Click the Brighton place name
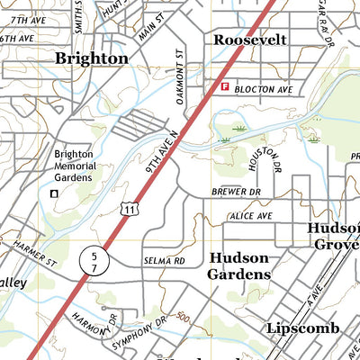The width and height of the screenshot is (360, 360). tap(91, 58)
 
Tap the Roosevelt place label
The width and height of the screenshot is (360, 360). tap(249, 40)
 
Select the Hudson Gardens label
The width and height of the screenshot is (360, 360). tap(239, 265)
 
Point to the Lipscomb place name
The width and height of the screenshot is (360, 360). tap(302, 328)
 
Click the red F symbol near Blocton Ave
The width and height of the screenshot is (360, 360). tap(224, 87)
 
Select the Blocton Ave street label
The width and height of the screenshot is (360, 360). tap(264, 90)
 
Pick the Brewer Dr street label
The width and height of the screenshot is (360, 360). tap(236, 192)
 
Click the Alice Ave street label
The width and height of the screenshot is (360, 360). tap(252, 217)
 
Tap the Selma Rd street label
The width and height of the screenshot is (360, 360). tap(164, 261)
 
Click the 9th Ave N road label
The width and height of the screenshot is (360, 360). tap(163, 152)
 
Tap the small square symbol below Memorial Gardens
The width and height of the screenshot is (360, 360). tap(53, 193)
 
